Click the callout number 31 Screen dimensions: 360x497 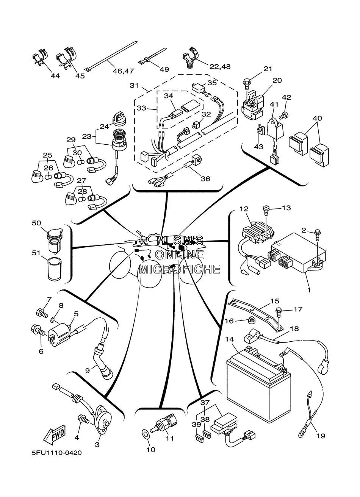click(134, 86)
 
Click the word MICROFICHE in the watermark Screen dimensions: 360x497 click(180, 269)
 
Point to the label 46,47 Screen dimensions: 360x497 click(123, 71)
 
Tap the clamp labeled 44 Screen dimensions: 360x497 click(40, 58)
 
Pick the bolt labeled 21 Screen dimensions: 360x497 click(246, 82)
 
